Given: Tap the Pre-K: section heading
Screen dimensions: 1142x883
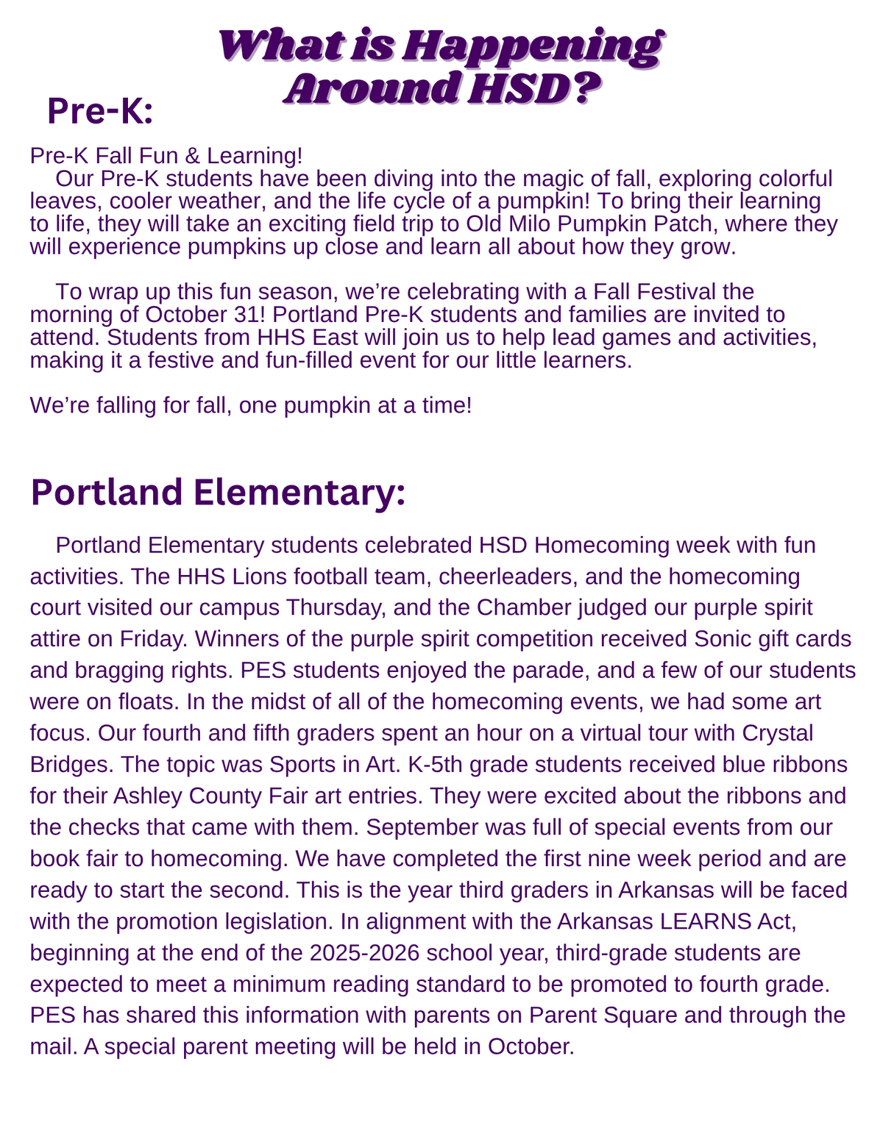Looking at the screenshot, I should [x=99, y=112].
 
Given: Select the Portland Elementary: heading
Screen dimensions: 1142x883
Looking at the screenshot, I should [x=218, y=492].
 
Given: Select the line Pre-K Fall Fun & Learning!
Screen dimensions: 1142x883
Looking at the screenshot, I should [x=166, y=156].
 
